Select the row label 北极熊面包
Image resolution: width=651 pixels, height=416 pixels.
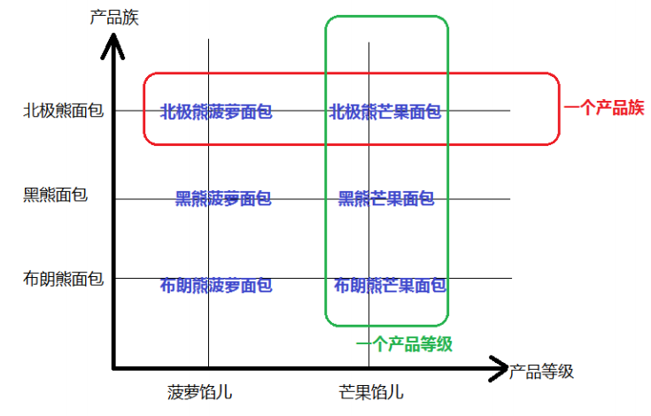63,111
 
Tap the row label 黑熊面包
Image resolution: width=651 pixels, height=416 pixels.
55,195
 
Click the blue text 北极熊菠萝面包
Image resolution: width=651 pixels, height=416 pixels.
216,112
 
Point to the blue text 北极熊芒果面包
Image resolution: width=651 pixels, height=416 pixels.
384,112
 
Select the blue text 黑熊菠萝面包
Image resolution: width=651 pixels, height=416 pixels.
223,198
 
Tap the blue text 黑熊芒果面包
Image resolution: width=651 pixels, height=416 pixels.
386,198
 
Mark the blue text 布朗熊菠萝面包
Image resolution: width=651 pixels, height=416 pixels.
216,285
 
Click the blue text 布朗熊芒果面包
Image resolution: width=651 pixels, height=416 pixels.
390,285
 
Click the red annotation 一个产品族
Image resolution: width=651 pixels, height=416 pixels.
604,108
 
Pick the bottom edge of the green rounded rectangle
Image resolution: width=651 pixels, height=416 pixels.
387,324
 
